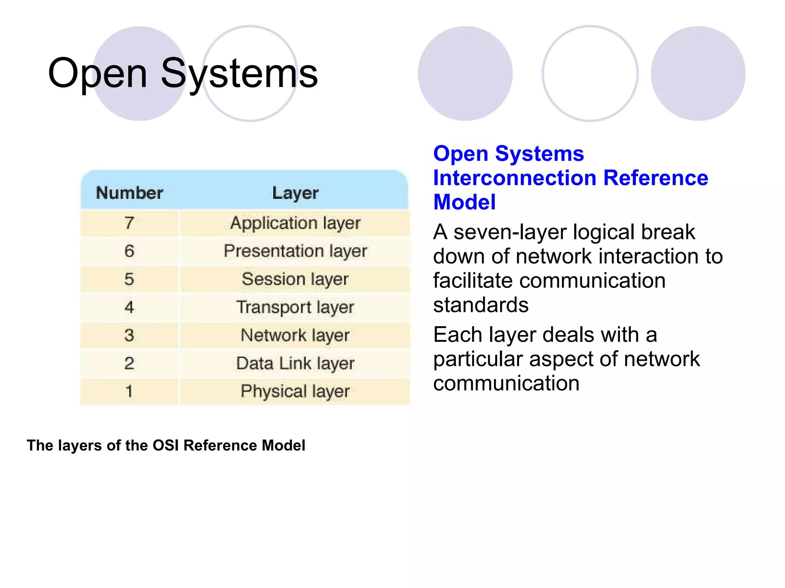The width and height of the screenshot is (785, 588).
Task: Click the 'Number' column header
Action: click(130, 193)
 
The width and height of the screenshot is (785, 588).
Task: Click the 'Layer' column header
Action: click(295, 193)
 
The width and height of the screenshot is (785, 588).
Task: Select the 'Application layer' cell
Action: click(295, 223)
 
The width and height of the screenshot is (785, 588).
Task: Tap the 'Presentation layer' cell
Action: click(295, 251)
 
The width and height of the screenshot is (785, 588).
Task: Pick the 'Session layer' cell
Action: click(295, 279)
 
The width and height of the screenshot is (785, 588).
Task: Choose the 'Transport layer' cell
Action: click(295, 307)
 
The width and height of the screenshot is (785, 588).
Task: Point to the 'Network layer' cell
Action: click(295, 335)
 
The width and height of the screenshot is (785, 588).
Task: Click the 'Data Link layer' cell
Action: click(295, 363)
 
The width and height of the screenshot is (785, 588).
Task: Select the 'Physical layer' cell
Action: click(295, 391)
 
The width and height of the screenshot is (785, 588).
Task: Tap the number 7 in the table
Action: click(130, 223)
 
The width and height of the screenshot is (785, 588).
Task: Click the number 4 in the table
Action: click(130, 307)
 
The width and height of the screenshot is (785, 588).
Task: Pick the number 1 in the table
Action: click(130, 391)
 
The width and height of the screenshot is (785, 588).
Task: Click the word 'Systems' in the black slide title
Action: click(239, 73)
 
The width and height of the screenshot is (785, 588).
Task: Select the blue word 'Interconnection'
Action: click(514, 178)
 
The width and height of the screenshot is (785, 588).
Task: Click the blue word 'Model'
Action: click(464, 202)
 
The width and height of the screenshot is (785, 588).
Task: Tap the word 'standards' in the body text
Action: click(481, 305)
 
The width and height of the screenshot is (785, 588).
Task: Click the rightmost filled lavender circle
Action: click(698, 73)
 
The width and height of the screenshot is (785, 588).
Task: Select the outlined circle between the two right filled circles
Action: click(590, 73)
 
